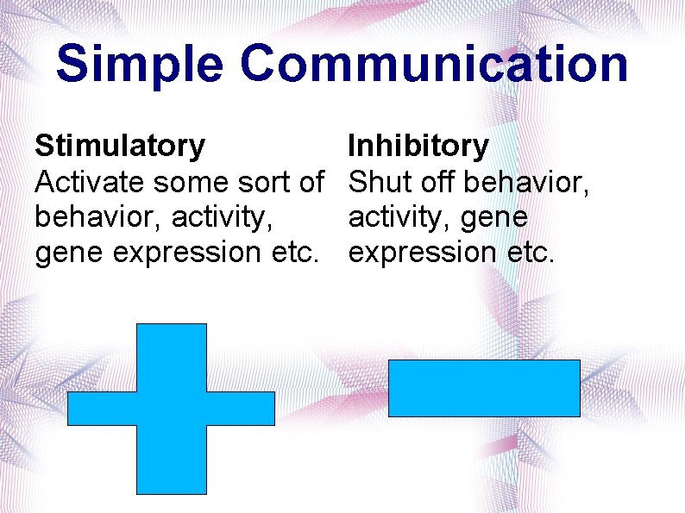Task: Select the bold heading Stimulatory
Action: pyautogui.click(x=120, y=146)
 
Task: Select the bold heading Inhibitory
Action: pyautogui.click(x=418, y=146)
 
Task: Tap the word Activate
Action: pyautogui.click(x=91, y=182)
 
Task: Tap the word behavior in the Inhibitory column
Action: pyautogui.click(x=525, y=182)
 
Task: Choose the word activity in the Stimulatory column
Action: pyautogui.click(x=223, y=217)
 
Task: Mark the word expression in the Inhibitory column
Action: pyautogui.click(x=422, y=253)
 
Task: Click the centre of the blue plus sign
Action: pyautogui.click(x=172, y=408)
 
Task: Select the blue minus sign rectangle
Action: pyautogui.click(x=484, y=388)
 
